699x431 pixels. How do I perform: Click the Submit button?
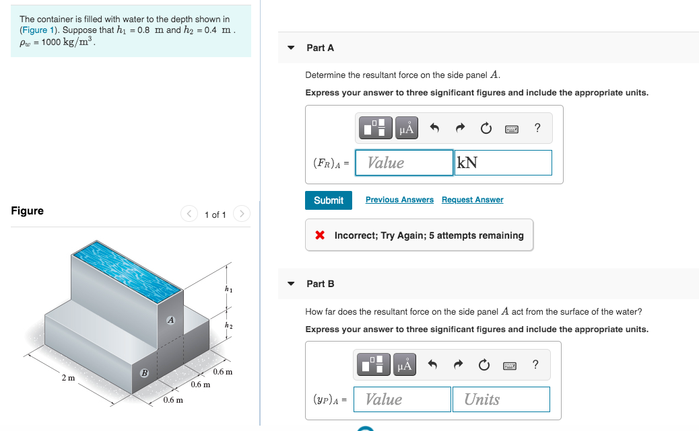tap(329, 200)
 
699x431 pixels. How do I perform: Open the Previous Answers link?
tap(399, 200)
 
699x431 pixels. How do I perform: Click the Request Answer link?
tap(472, 200)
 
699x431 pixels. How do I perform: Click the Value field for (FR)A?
tap(404, 163)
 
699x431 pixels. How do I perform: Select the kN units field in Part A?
tap(503, 163)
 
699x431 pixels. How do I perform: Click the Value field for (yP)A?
tap(403, 399)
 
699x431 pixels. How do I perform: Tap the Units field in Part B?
tap(501, 399)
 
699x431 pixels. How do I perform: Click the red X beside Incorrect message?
tap(321, 235)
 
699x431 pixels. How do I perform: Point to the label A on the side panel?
tap(171, 320)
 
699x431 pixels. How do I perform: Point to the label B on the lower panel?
tap(143, 373)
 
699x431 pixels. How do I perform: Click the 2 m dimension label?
tap(68, 378)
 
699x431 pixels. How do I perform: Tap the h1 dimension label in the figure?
tap(229, 289)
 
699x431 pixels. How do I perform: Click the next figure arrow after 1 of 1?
tap(241, 214)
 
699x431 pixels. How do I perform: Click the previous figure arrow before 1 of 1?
tap(189, 214)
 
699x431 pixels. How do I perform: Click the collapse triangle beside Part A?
tap(291, 48)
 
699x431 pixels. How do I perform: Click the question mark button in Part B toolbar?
tap(535, 364)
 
